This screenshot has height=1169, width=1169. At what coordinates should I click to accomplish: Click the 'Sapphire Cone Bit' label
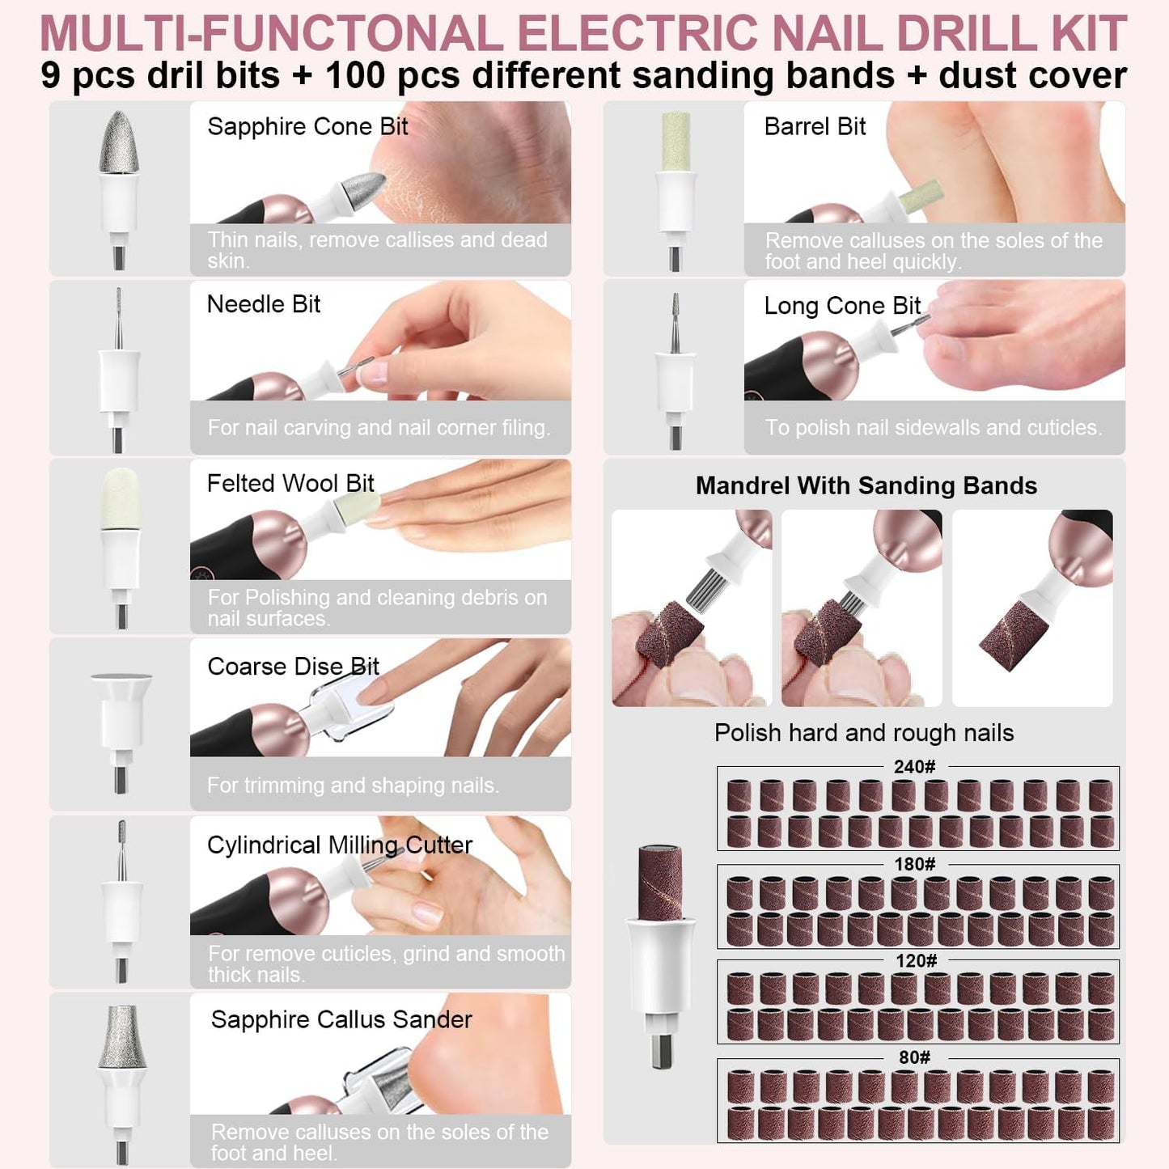point(307,127)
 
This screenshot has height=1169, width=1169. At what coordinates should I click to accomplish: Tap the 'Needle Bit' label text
point(264,305)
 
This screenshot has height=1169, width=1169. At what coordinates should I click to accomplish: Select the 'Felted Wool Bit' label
point(290,484)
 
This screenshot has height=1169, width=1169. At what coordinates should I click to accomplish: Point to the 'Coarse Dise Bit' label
point(293,667)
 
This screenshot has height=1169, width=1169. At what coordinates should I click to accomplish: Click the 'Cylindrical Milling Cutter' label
point(340,845)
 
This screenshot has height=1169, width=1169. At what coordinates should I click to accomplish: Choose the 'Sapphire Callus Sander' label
point(341,1020)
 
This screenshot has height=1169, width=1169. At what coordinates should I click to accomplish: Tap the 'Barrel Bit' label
point(815,127)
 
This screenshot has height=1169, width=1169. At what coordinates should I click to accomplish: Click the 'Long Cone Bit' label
point(842,306)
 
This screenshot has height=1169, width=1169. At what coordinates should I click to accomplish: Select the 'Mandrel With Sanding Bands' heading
point(866,486)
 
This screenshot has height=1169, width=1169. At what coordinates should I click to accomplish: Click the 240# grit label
point(914,767)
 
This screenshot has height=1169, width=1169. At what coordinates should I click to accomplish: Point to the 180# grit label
point(914,864)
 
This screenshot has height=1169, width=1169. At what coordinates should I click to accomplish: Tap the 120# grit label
point(916,961)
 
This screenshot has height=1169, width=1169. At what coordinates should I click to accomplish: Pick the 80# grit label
point(914,1058)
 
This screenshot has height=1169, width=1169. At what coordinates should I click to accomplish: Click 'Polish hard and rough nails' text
point(863,733)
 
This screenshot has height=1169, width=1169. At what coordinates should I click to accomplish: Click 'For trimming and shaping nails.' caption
point(353,786)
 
